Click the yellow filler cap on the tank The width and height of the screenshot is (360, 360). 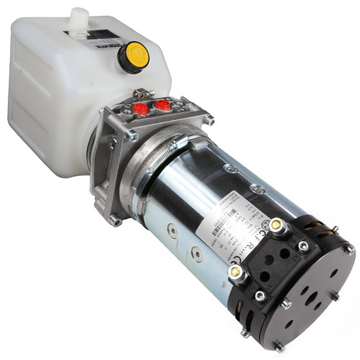(x=133, y=55)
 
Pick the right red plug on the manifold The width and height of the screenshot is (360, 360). (x=163, y=106)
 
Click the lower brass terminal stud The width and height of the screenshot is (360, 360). (x=235, y=272)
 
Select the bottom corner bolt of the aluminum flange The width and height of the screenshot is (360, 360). (x=115, y=219)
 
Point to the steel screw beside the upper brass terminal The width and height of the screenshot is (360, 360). (x=303, y=246)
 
